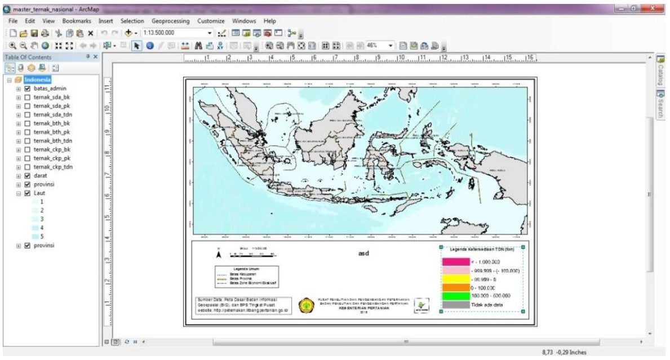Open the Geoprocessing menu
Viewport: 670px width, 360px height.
coord(171,21)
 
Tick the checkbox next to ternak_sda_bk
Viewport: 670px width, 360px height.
coord(27,97)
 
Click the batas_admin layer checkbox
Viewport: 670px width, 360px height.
coord(27,88)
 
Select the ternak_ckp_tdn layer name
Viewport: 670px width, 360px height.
coord(53,167)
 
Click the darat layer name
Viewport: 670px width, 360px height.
coord(41,176)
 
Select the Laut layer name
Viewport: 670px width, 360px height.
coord(39,193)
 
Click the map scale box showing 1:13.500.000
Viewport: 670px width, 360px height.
coord(175,33)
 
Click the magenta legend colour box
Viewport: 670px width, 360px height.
coord(455,262)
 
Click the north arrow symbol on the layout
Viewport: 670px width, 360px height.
coord(219,255)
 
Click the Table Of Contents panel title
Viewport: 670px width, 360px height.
coord(28,57)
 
